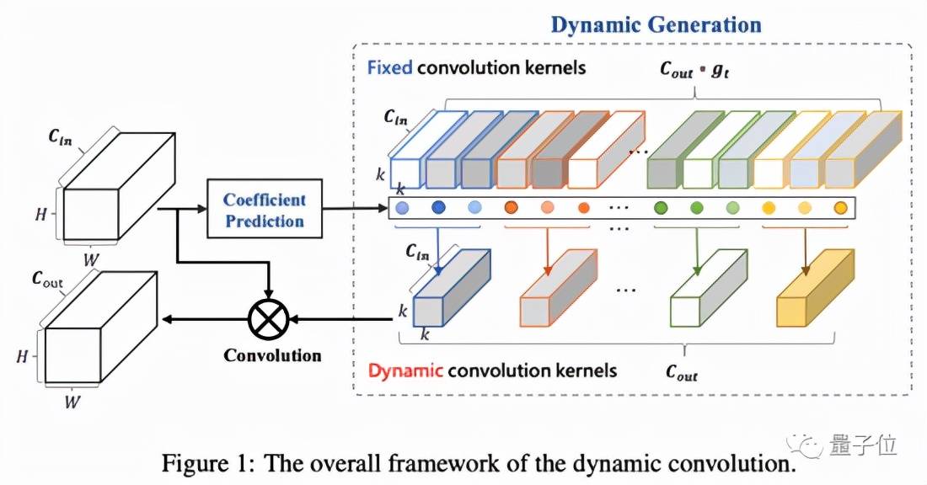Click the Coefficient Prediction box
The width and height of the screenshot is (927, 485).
(264, 210)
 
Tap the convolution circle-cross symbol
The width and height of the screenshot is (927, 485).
(268, 319)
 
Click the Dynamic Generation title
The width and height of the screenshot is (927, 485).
(656, 24)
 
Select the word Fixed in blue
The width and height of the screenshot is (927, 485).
(389, 67)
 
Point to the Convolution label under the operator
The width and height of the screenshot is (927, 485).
(271, 354)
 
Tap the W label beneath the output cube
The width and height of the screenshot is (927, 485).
(74, 402)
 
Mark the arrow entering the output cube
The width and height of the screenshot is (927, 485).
(202, 319)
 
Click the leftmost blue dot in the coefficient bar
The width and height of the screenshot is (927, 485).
(403, 208)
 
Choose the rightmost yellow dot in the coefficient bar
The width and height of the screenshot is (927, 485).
(839, 208)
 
